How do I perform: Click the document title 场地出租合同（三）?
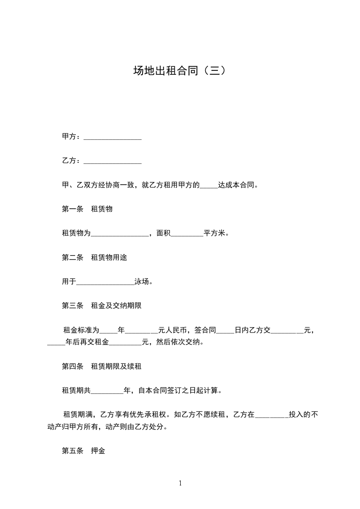(x=180, y=71)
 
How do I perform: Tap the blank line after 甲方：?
(x=113, y=137)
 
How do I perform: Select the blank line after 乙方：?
(x=113, y=161)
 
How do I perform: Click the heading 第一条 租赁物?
(x=87, y=209)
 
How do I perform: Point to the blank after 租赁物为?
(x=120, y=234)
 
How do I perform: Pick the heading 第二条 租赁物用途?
(x=94, y=258)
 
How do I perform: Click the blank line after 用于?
(x=105, y=282)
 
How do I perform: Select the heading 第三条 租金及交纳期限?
(x=102, y=306)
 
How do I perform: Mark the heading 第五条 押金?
(x=84, y=451)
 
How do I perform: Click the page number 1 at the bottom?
(x=180, y=483)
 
